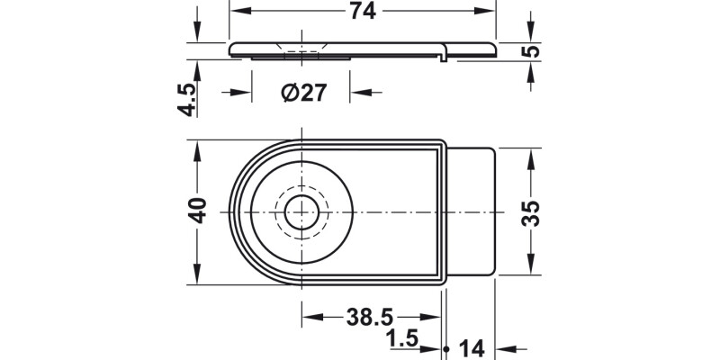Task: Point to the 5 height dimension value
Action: (533, 50)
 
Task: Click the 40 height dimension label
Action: (199, 211)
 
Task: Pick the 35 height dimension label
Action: (532, 212)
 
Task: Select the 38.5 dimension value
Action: (371, 318)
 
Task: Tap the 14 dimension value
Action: (472, 347)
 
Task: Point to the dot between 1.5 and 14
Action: (447, 347)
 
